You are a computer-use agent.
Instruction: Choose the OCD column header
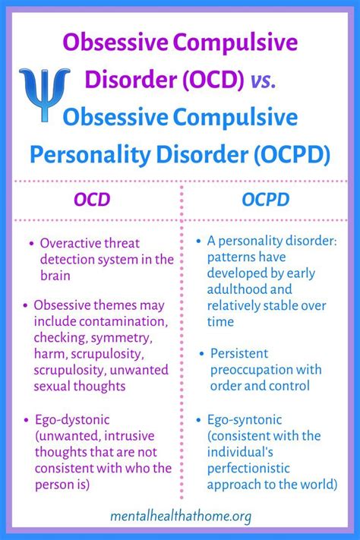click(x=91, y=200)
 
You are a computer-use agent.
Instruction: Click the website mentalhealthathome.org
click(x=180, y=516)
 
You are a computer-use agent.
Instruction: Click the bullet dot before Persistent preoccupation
click(x=203, y=353)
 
